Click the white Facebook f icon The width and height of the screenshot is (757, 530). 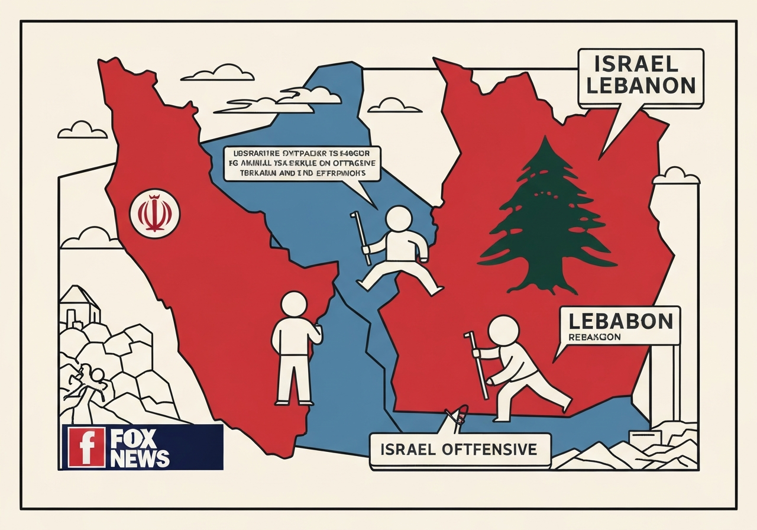coord(87,447)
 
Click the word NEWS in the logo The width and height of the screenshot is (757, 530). coord(140,458)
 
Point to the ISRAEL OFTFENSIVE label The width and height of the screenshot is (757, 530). coord(460,450)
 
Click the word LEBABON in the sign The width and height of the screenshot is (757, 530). coord(620,321)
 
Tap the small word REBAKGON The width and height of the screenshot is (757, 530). coord(594,337)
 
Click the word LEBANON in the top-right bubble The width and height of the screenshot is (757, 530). coord(641,86)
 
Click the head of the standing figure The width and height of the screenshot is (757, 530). coord(295,305)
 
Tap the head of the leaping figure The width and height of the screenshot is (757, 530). coord(398,219)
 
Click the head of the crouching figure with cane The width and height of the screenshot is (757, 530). coord(504,329)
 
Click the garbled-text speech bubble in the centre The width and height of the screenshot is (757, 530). coord(302,163)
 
